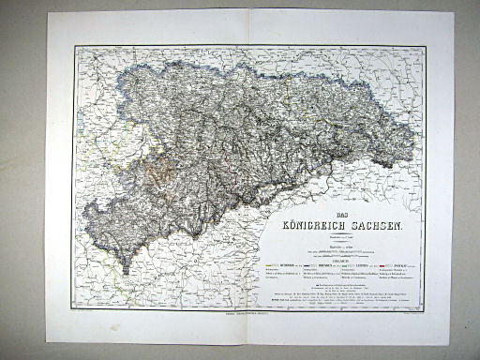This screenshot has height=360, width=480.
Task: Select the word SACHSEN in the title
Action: click(380, 226)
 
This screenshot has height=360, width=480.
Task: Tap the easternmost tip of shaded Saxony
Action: click(413, 141)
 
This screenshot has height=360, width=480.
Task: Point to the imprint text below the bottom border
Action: click(249, 315)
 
